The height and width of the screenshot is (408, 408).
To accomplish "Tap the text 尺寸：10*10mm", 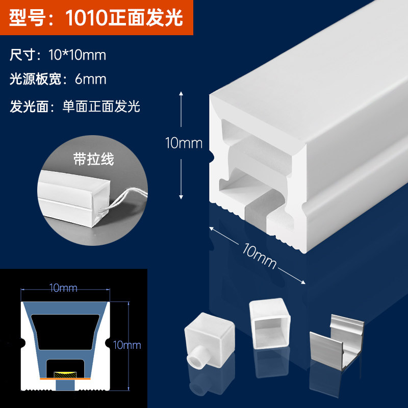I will click(x=58, y=55).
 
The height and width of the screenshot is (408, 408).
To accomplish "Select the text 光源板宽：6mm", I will click(x=58, y=79).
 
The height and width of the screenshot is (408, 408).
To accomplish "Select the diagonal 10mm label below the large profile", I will click(x=260, y=257).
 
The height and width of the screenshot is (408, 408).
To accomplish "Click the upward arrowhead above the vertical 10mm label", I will click(x=181, y=95).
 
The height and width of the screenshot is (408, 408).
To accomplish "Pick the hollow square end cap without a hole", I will click(x=269, y=324).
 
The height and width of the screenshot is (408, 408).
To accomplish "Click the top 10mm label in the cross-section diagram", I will click(x=64, y=289).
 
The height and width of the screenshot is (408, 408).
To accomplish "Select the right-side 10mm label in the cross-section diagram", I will click(x=128, y=345).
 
